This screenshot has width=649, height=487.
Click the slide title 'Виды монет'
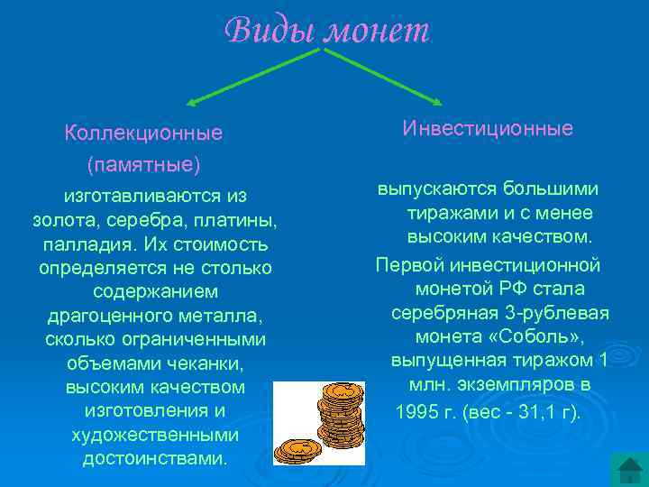(328, 31)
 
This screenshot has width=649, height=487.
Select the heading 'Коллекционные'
(143, 133)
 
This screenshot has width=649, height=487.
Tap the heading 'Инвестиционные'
(487, 128)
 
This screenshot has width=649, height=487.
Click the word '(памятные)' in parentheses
(143, 166)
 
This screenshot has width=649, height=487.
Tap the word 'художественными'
(155, 434)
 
